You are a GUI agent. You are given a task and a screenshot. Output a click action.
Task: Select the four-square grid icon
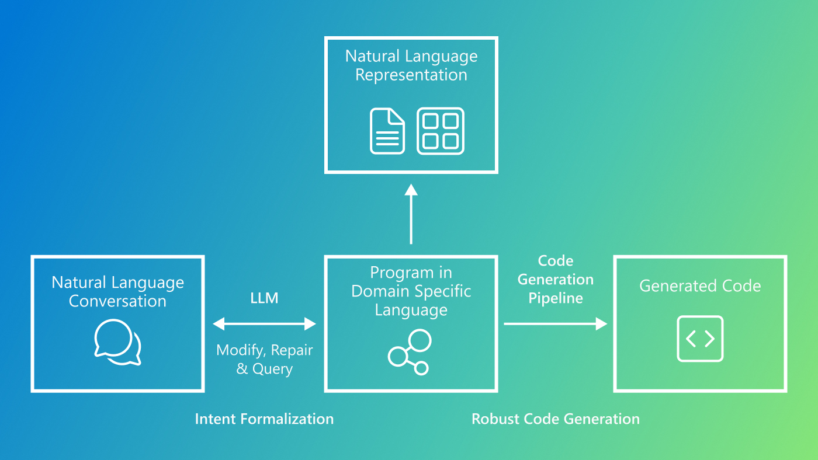pyautogui.click(x=441, y=131)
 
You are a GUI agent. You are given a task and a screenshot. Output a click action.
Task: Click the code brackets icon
pyautogui.click(x=700, y=339)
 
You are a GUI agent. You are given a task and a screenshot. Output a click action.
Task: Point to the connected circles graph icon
pyautogui.click(x=410, y=352)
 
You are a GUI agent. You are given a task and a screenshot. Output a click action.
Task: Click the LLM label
pyautogui.click(x=264, y=298)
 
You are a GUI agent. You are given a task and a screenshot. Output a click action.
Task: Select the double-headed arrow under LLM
pyautogui.click(x=264, y=323)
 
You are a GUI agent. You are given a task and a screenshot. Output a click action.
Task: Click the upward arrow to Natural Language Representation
pyautogui.click(x=411, y=214)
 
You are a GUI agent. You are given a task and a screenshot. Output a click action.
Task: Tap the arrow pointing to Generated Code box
pyautogui.click(x=555, y=323)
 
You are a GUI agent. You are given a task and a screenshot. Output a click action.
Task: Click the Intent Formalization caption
pyautogui.click(x=264, y=419)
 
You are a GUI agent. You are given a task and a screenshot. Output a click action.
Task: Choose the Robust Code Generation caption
pyautogui.click(x=555, y=419)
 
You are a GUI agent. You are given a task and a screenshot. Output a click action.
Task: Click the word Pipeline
pyautogui.click(x=556, y=298)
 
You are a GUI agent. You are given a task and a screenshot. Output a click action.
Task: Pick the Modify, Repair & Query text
pyautogui.click(x=265, y=360)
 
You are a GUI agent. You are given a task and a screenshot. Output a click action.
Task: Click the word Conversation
pyautogui.click(x=117, y=301)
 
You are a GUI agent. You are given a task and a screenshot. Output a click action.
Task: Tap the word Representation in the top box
pyautogui.click(x=411, y=75)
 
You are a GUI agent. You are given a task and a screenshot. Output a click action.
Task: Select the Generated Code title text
pyautogui.click(x=700, y=286)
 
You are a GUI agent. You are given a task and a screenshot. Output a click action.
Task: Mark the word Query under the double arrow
pyautogui.click(x=272, y=369)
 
